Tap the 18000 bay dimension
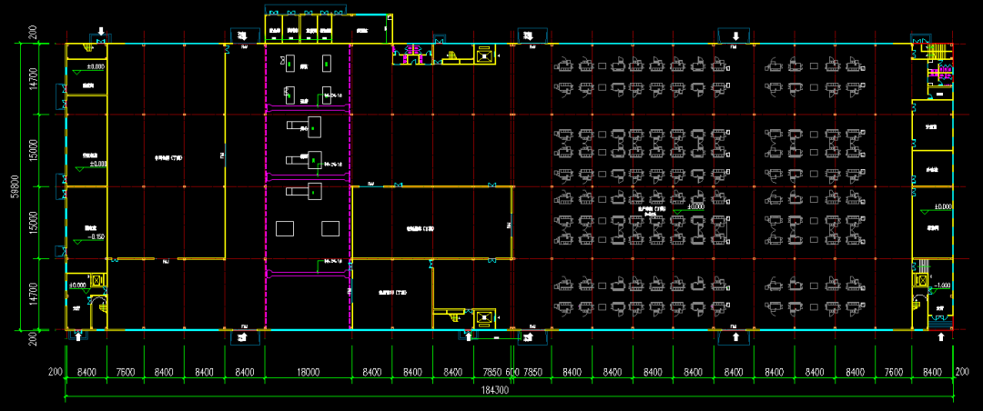point(308,372)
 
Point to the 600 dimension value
point(512,372)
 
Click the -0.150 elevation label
point(94,236)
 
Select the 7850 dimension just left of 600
point(491,372)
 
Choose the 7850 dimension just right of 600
point(532,372)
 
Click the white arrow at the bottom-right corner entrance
point(940,336)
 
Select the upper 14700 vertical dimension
point(34,78)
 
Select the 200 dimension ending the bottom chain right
point(963,372)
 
